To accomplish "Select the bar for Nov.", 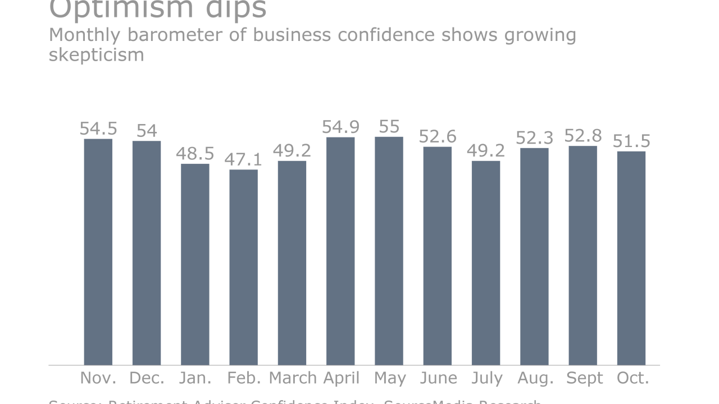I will [98, 252].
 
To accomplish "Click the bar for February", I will [244, 267].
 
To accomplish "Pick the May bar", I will [389, 251].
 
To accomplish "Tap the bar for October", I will [631, 258].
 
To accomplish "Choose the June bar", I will [438, 256].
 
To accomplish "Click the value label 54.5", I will [98, 128].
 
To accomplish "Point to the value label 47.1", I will [244, 159].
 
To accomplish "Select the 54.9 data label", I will [340, 127].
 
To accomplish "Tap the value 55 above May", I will [389, 126].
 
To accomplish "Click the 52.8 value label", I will [583, 136].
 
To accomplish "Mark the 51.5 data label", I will [631, 141].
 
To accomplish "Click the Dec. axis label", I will [147, 378].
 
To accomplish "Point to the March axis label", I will [293, 378].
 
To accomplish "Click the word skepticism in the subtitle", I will [97, 55].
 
